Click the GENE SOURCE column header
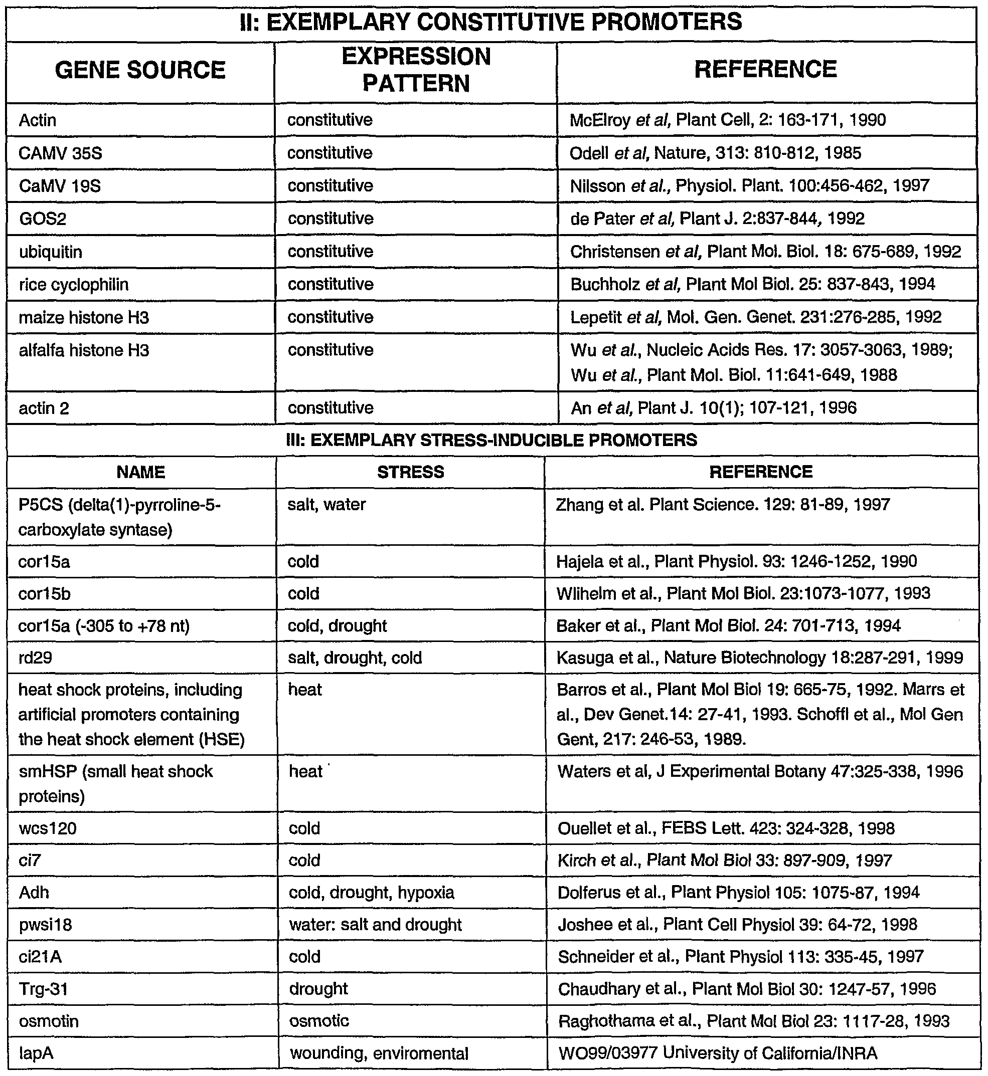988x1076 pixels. coord(140,71)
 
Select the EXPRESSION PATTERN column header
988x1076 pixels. coord(416,71)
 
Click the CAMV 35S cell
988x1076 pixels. coord(60,153)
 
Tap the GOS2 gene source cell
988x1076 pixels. coord(43,219)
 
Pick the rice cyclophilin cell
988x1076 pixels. coord(74,284)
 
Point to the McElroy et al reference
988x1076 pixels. coord(728,120)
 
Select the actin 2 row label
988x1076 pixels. coord(44,408)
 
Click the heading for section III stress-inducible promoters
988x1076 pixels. coord(492,440)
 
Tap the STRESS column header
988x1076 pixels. coord(411,472)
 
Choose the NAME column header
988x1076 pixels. coord(141,472)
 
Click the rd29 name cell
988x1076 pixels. coord(35,658)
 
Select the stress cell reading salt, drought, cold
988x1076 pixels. coord(355,658)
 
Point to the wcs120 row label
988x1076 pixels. coord(48,828)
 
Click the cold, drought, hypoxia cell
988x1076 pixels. coord(372,893)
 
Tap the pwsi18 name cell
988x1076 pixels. coord(46,925)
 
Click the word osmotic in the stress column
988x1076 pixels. coord(318,1021)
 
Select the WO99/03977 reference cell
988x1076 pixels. coord(718,1053)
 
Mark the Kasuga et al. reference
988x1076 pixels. coord(759,658)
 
